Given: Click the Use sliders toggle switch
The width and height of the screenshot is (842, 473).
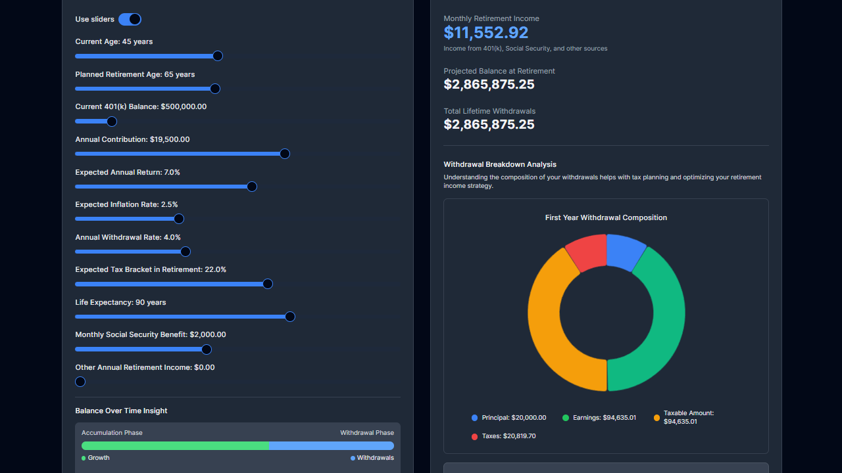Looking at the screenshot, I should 130,19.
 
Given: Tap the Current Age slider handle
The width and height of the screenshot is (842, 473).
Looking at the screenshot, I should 218,56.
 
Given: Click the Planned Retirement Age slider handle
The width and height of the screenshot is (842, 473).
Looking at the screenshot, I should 214,89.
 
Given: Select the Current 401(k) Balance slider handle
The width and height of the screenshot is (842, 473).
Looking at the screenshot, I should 112,122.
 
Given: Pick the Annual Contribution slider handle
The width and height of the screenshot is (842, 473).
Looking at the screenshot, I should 285,154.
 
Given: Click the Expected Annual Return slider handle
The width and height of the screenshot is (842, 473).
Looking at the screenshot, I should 251,187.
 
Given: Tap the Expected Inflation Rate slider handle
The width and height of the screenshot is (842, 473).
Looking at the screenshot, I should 179,219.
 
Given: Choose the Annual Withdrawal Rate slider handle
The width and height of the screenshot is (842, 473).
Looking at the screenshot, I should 186,252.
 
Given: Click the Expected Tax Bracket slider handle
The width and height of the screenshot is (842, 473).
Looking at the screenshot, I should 268,284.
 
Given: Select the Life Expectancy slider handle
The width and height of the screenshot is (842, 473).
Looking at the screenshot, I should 290,317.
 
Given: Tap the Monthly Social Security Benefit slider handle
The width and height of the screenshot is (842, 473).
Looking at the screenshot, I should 207,349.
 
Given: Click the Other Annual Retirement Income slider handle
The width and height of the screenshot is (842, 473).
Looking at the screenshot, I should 80,382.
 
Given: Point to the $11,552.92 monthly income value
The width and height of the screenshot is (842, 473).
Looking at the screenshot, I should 485,33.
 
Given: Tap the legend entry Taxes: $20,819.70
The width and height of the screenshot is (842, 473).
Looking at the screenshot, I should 503,436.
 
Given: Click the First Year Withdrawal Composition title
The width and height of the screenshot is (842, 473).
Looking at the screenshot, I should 606,217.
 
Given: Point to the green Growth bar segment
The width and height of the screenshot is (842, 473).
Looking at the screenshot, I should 175,445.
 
